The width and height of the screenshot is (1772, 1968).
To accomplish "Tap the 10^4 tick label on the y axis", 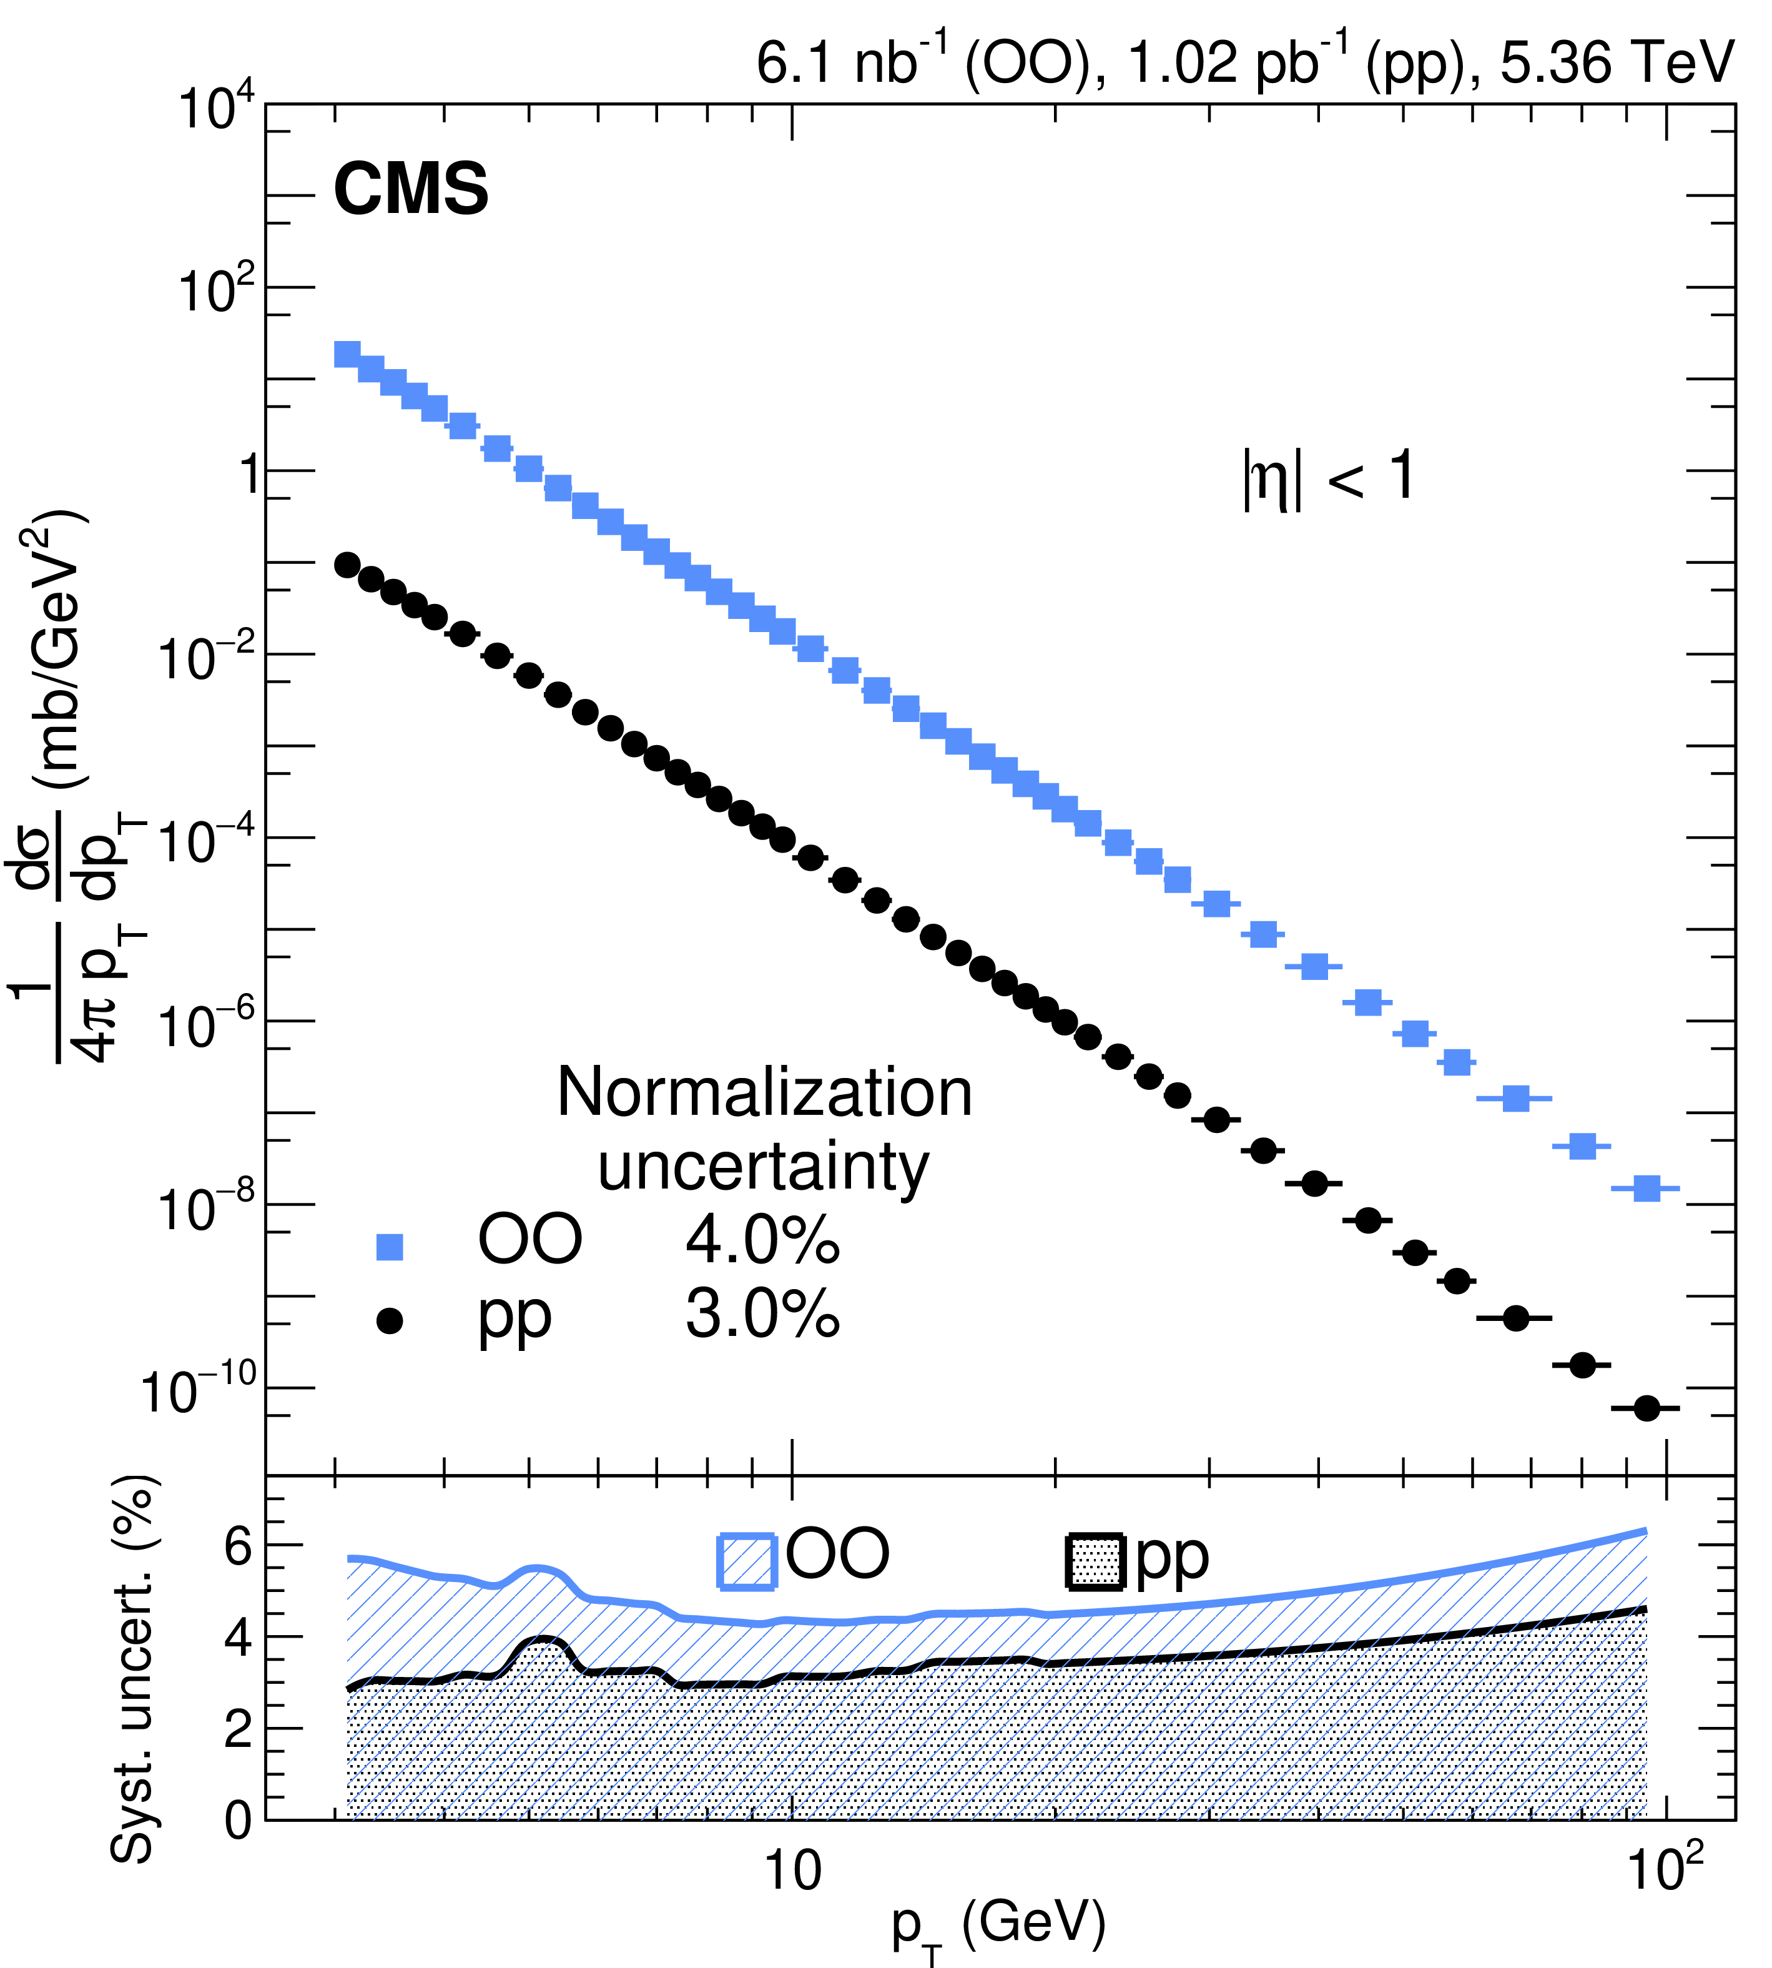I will pos(216,109).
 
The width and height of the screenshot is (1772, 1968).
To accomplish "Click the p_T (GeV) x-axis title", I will pos(998,1928).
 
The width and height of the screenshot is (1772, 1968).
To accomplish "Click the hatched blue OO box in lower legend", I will pos(747,1561).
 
